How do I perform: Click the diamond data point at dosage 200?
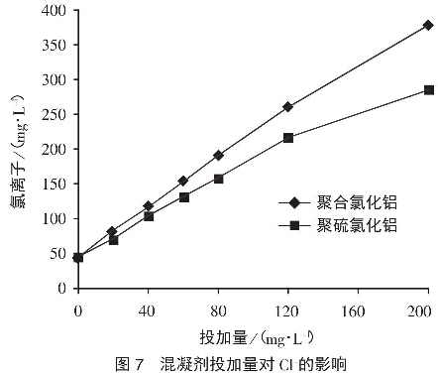click(x=427, y=26)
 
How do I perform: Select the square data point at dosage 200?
click(x=428, y=90)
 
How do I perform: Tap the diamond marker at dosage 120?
click(x=287, y=106)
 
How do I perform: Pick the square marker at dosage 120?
click(x=287, y=138)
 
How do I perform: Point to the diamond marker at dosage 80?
click(x=218, y=155)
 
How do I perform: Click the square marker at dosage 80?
click(x=218, y=179)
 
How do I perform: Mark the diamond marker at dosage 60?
click(x=183, y=181)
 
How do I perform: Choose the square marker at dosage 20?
click(x=113, y=240)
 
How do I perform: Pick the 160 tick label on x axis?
click(x=358, y=310)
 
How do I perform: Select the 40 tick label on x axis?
click(x=148, y=310)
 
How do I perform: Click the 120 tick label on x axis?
click(x=287, y=310)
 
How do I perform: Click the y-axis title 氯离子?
click(x=17, y=149)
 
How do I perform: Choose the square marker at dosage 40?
click(x=149, y=215)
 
